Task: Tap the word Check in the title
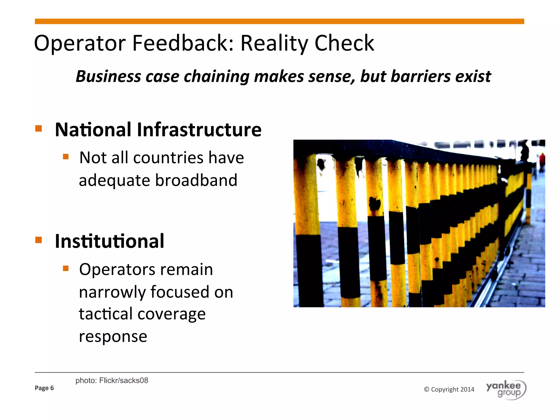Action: pyautogui.click(x=344, y=44)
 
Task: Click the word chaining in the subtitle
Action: pyautogui.click(x=216, y=77)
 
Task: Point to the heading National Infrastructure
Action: pyautogui.click(x=158, y=130)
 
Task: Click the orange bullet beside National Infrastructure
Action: pyautogui.click(x=38, y=128)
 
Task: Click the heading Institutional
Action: pyautogui.click(x=109, y=241)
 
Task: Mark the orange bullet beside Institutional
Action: pyautogui.click(x=38, y=240)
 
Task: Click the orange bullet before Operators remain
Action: pyautogui.click(x=66, y=268)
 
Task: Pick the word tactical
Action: pyautogui.click(x=105, y=314)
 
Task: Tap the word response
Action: pyautogui.click(x=113, y=337)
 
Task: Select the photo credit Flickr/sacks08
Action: pyautogui.click(x=124, y=381)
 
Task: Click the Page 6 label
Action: pyautogui.click(x=44, y=388)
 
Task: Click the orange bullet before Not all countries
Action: pyautogui.click(x=66, y=157)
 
